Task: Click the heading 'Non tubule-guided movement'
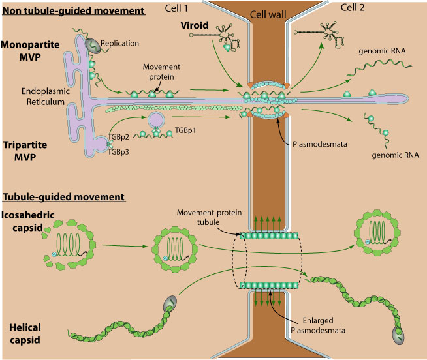[x=73, y=11]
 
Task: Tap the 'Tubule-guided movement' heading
[x=64, y=196]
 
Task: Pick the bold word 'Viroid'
[x=193, y=27]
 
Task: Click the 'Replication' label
[x=138, y=43]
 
